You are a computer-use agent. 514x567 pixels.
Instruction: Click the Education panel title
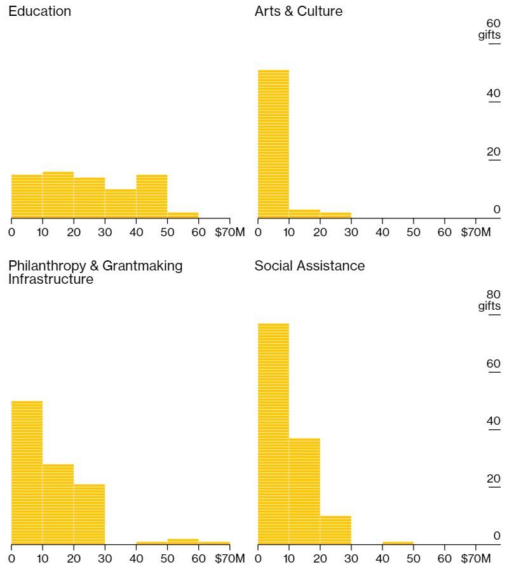(x=39, y=11)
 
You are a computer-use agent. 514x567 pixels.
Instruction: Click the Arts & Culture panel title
(x=298, y=11)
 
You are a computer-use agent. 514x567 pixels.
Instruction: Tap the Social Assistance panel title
(x=309, y=266)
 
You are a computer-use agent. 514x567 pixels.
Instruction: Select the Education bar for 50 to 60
(x=183, y=215)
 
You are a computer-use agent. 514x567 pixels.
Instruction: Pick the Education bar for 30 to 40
(x=121, y=203)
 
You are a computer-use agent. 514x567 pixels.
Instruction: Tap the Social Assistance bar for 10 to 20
(x=304, y=491)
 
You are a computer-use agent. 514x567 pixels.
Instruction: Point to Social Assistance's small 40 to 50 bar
(x=398, y=543)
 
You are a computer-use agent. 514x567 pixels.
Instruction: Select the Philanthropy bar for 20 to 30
(x=90, y=514)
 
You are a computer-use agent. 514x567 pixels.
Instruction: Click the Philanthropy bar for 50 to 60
(x=183, y=541)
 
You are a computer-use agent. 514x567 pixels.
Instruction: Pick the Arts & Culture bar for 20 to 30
(x=335, y=215)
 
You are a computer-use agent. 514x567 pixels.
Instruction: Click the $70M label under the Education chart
(x=229, y=232)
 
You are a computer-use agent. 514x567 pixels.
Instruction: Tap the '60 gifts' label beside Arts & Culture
(x=490, y=29)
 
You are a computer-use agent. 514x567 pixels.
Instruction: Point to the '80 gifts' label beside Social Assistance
(x=490, y=300)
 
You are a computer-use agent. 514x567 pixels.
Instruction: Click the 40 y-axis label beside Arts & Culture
(x=494, y=94)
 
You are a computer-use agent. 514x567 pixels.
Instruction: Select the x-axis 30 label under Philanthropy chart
(x=105, y=558)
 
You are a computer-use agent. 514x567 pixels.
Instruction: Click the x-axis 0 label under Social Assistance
(x=258, y=558)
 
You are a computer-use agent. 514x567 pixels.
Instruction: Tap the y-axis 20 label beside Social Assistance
(x=494, y=479)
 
